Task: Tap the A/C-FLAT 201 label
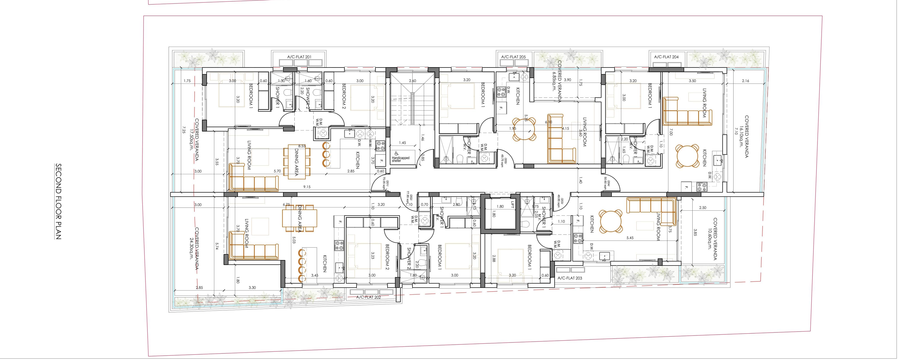[299, 56]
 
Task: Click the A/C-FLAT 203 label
[570, 278]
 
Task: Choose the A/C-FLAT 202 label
[368, 297]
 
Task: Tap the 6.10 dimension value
[548, 122]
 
